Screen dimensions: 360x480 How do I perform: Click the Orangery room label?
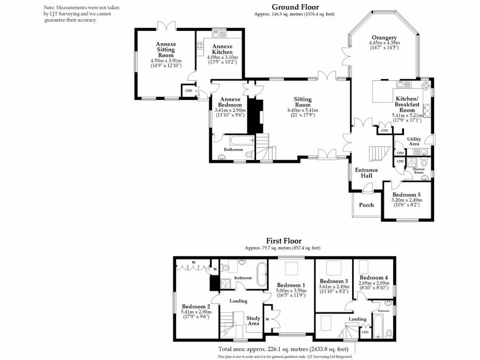[x=384, y=37]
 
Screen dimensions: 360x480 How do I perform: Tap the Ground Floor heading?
[x=295, y=7]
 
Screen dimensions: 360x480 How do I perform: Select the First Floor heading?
[x=284, y=241]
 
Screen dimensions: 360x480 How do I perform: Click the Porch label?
[x=366, y=205]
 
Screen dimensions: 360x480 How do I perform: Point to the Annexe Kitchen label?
[x=222, y=49]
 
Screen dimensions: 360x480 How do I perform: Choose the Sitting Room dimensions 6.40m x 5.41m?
[x=302, y=110]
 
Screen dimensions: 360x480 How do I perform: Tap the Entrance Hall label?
[x=363, y=172]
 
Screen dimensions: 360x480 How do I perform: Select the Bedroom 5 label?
[x=406, y=195]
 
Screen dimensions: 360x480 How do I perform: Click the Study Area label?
[x=253, y=321]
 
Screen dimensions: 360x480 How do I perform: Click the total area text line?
[x=284, y=349]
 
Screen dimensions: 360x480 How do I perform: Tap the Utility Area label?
[x=413, y=142]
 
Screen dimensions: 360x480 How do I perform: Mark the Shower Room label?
[x=419, y=171]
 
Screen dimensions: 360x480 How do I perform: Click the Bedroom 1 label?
[x=291, y=285]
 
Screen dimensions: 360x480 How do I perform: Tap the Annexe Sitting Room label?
[x=165, y=50]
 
